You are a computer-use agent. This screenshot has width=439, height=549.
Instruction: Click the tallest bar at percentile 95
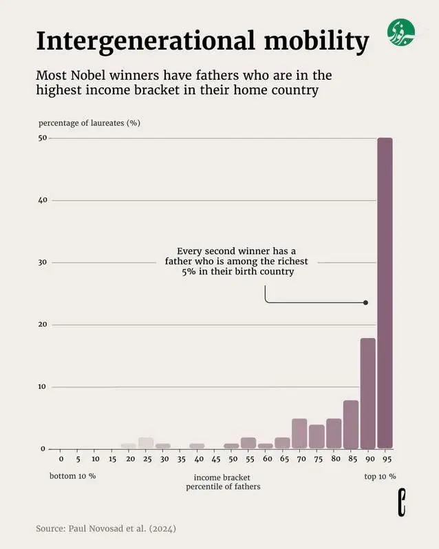coord(385,292)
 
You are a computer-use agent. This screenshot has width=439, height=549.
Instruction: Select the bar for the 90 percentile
coord(367,393)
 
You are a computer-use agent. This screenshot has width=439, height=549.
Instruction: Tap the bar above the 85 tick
coord(351,424)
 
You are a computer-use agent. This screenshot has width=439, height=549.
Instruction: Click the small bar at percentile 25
coord(146,443)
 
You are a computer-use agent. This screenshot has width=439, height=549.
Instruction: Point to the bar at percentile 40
coord(197,446)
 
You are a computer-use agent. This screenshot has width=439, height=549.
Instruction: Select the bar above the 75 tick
coord(317,436)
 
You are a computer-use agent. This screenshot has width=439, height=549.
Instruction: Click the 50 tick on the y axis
coord(43,138)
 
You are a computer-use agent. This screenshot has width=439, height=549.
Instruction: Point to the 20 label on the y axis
coord(43,325)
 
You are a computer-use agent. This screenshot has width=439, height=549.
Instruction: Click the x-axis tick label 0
coord(61,459)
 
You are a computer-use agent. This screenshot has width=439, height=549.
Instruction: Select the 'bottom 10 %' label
coord(72,476)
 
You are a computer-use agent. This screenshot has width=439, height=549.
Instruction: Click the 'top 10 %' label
coord(380,476)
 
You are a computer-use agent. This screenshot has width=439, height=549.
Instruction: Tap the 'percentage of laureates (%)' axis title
coord(89,123)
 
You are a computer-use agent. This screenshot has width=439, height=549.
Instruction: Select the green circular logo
coord(401,33)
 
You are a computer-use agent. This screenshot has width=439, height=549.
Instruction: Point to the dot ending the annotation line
coord(365,303)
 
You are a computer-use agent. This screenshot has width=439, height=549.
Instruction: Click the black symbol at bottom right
coord(402,503)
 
